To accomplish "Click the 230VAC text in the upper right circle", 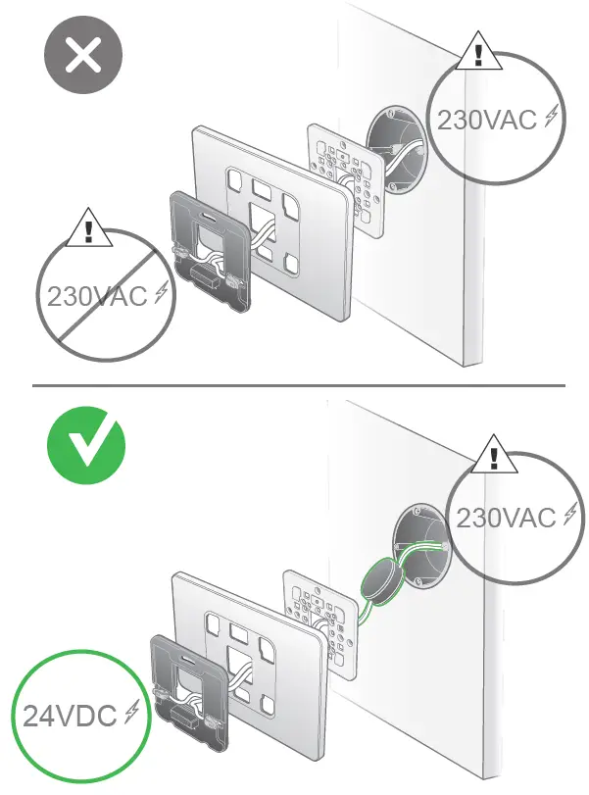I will pyautogui.click(x=486, y=121).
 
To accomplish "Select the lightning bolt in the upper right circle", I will pyautogui.click(x=552, y=119).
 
